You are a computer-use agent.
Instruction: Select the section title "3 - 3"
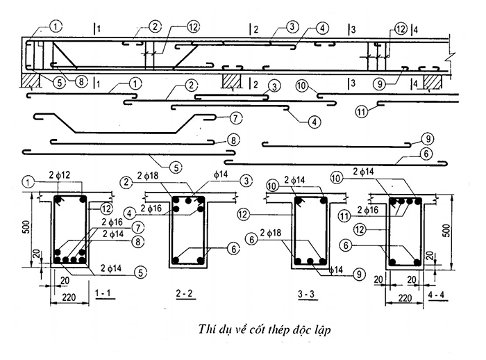[306, 294]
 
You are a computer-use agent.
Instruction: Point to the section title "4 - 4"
[436, 295]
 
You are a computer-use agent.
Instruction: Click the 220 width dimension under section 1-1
[69, 297]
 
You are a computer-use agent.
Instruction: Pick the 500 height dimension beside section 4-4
[447, 231]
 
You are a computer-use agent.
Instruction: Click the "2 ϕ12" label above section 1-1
[60, 175]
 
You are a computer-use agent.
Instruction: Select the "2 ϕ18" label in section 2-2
[147, 176]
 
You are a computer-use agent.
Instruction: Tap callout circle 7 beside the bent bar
[236, 118]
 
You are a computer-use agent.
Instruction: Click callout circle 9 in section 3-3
[359, 275]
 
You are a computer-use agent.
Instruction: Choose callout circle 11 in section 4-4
[344, 215]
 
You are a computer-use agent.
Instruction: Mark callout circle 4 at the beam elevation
[322, 28]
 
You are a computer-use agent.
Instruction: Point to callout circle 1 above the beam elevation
[56, 26]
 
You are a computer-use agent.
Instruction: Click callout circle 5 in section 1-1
[140, 273]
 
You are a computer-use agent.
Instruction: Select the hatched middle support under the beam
[232, 81]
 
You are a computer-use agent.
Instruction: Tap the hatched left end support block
[31, 81]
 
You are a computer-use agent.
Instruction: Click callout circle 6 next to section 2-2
[234, 249]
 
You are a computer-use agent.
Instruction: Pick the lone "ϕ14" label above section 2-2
[221, 174]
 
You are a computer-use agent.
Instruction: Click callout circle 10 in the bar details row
[302, 85]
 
